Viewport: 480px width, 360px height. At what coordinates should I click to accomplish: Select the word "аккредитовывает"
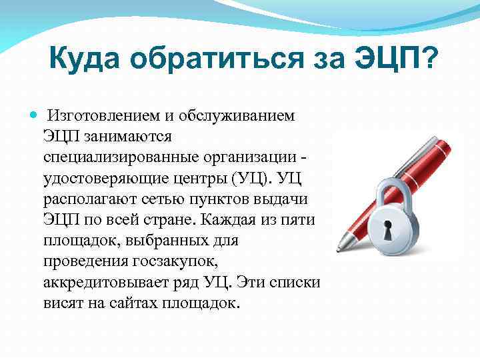click(108, 283)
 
